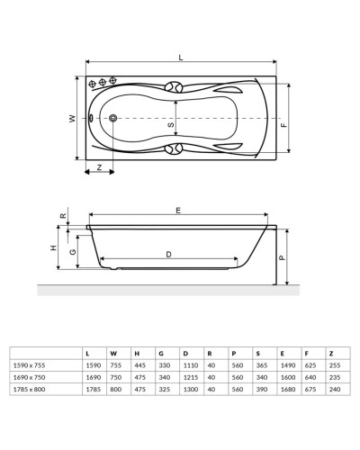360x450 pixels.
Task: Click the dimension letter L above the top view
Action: [182, 58]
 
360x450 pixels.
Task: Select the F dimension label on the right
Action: [284, 124]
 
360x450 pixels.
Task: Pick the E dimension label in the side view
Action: [178, 211]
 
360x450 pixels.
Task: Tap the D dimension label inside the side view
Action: [168, 255]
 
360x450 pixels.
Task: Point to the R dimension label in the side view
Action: [62, 217]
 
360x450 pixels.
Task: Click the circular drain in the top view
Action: [113, 119]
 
